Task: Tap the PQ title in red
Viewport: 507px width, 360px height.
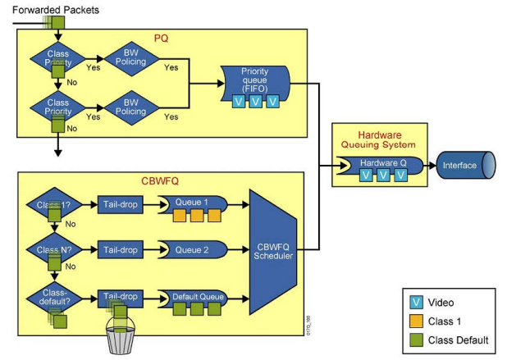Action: (162, 38)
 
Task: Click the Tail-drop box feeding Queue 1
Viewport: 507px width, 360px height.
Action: (119, 203)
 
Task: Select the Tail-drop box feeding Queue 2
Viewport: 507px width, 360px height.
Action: (119, 249)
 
